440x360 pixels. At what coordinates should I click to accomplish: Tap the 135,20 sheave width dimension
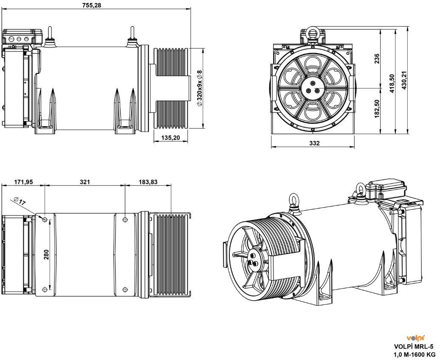click(170, 138)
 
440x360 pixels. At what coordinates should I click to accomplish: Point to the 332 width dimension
click(314, 143)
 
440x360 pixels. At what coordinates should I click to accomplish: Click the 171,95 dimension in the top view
click(23, 182)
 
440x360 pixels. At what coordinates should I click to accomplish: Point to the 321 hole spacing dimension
click(85, 182)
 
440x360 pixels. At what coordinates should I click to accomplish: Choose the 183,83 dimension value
click(148, 182)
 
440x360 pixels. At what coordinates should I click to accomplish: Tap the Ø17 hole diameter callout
click(20, 201)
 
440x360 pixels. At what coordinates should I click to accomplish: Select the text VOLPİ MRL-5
click(415, 346)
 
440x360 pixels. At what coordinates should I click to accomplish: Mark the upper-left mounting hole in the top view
click(45, 219)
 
